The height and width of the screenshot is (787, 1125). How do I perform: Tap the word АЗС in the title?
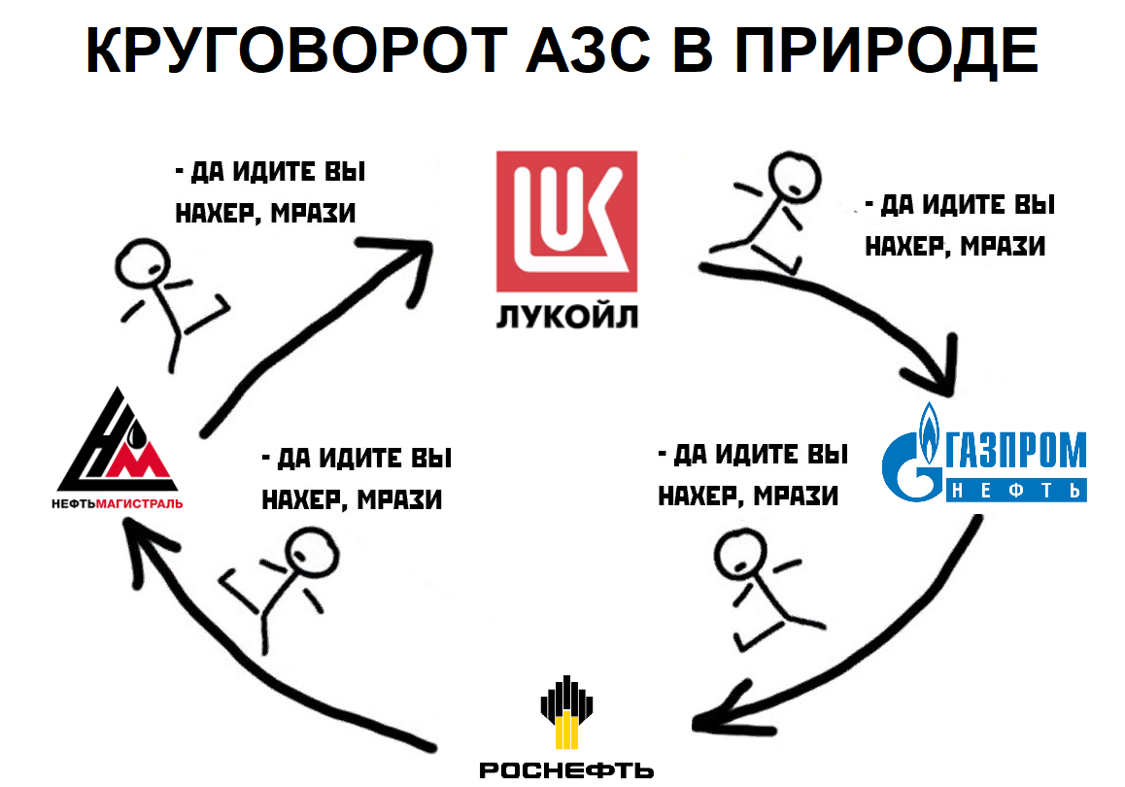point(589,51)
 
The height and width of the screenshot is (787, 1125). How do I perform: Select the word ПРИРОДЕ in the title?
point(887,51)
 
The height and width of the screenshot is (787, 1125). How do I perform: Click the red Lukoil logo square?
point(566,221)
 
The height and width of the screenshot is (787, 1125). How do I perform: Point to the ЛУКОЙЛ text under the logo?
point(566,317)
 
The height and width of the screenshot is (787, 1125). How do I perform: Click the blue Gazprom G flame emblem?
point(912,452)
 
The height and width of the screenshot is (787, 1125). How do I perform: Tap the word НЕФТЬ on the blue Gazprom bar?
point(1016,490)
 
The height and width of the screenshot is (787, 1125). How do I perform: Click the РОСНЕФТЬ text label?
point(566,770)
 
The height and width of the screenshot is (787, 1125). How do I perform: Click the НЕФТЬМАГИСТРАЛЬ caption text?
point(117,503)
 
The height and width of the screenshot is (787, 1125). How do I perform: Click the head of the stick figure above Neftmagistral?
point(144,264)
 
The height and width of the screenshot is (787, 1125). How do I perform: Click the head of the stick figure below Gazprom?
point(740,555)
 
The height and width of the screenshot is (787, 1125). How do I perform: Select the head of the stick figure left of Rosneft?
point(312,554)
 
